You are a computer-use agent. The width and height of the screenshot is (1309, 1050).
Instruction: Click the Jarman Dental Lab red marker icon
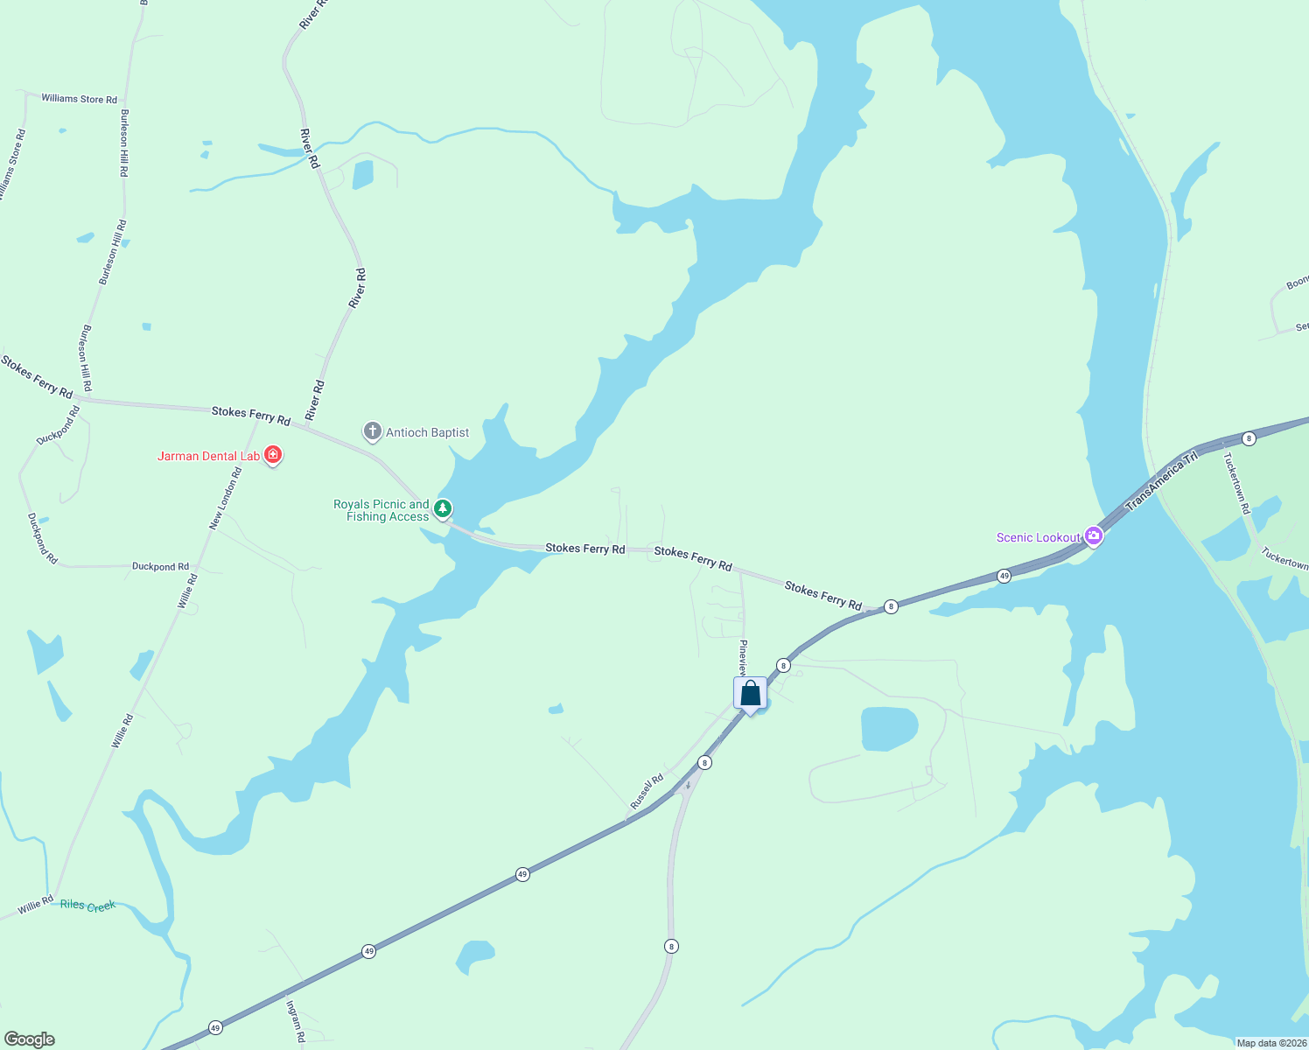click(273, 455)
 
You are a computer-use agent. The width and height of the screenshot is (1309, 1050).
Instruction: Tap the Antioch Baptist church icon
click(373, 431)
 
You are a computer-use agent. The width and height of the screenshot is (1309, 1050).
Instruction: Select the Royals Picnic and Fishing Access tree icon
click(443, 508)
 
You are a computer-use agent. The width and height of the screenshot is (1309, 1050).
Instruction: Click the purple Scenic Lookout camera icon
click(1093, 535)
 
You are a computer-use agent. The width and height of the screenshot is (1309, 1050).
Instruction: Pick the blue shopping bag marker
click(751, 694)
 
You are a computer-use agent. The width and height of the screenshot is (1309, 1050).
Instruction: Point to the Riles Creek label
click(87, 905)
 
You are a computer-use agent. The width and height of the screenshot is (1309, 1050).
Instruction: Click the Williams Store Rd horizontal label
click(79, 99)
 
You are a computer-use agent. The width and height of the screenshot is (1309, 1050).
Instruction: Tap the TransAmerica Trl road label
click(1161, 481)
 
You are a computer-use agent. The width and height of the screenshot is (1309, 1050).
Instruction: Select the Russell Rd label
click(647, 791)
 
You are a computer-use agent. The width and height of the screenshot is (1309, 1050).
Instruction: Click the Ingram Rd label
click(295, 1022)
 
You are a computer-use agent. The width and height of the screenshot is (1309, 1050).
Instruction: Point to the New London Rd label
click(225, 498)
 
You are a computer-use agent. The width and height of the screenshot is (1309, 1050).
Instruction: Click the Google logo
click(29, 1039)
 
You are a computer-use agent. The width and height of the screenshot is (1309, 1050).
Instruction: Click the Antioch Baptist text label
click(428, 432)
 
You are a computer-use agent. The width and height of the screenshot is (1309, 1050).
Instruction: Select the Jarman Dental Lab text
click(208, 456)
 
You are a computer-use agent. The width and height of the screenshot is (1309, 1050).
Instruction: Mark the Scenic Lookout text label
click(1039, 537)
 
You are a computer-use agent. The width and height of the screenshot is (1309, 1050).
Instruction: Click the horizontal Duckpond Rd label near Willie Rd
click(160, 567)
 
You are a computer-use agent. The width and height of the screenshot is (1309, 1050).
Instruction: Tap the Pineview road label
click(743, 658)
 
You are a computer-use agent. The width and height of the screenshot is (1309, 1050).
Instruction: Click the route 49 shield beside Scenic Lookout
click(1004, 576)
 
